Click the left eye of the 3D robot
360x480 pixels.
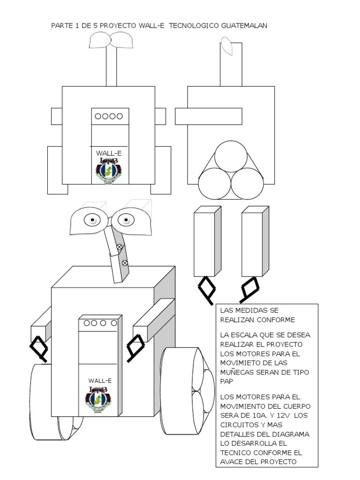point(92,219)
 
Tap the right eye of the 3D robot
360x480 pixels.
point(126,218)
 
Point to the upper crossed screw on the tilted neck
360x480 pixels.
point(119,247)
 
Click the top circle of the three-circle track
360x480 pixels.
point(231,156)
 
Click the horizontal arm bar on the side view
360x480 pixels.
point(209,116)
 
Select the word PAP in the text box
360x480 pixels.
point(226,382)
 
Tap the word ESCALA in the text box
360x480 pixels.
point(244,335)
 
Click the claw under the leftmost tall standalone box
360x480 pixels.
point(206,289)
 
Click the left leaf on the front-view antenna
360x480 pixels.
point(99,41)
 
